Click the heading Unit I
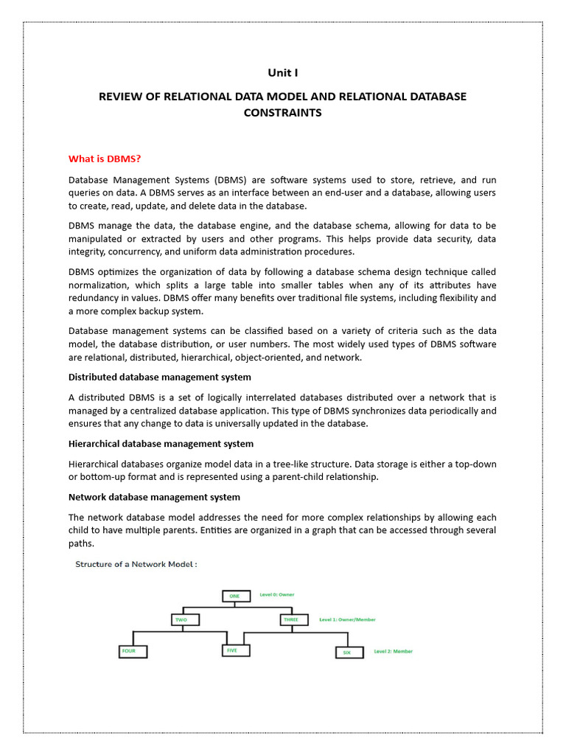click(x=283, y=72)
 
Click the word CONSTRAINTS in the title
click(x=283, y=113)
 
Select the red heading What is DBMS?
click(x=104, y=158)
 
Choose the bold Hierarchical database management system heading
click(x=161, y=443)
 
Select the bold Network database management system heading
click(x=154, y=497)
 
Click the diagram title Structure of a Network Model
click(x=136, y=564)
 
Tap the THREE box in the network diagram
click(x=292, y=620)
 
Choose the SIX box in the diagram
click(x=349, y=652)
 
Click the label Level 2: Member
click(x=393, y=651)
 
